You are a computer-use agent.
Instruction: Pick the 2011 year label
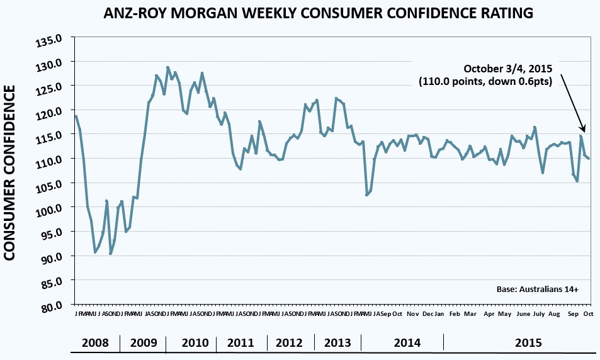pos(241,343)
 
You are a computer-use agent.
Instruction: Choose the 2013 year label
pos(337,343)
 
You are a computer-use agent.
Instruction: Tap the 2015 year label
pos(529,343)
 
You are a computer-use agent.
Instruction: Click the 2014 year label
pos(407,343)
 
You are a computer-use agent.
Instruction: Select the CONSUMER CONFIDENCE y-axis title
pos(11,173)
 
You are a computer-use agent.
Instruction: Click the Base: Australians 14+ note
pos(537,289)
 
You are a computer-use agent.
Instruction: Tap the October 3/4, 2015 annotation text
pos(507,69)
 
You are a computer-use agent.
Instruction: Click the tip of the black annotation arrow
pos(584,131)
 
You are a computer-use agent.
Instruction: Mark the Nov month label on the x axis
pos(413,313)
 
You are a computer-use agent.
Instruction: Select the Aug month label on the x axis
pos(554,313)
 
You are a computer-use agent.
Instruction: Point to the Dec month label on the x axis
pos(427,313)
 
